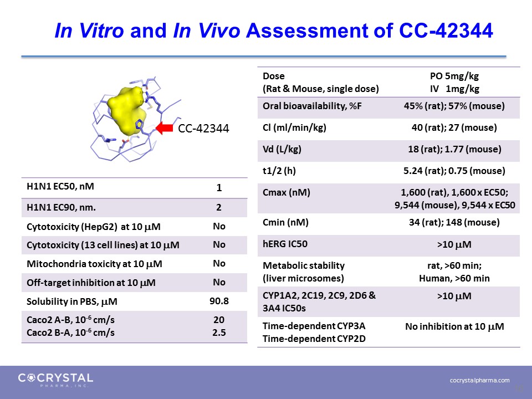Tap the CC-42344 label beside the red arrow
203,128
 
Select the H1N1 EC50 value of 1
219,188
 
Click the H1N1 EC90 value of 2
219,207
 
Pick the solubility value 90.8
219,301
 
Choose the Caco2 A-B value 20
219,320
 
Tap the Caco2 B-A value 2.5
219,332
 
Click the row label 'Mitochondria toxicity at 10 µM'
94,264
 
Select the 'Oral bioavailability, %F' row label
312,106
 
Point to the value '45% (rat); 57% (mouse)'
454,106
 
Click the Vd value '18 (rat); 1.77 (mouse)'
454,149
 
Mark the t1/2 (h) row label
279,171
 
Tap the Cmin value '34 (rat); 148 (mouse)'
454,223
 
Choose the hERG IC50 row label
285,244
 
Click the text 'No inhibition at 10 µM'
454,327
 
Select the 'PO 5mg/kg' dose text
454,76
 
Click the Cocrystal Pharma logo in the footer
55,380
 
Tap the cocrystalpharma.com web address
480,380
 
